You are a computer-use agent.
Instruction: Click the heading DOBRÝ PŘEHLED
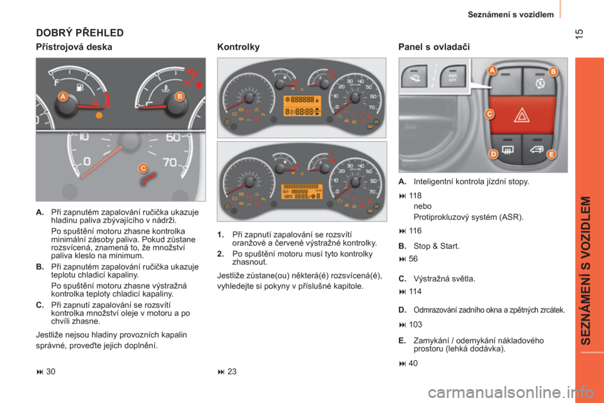tap(80, 33)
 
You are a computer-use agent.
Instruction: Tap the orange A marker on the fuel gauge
tap(63, 96)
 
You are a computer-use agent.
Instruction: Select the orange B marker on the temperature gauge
tap(179, 96)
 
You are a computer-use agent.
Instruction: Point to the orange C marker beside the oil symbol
tap(143, 168)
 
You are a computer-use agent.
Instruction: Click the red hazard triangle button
tap(522, 115)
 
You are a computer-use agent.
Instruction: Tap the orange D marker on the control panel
tap(493, 154)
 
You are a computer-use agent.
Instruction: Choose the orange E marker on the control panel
tap(551, 154)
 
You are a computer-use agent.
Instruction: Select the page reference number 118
tap(415, 196)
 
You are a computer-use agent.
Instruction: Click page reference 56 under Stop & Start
tap(413, 259)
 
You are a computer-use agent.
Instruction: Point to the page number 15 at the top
tap(579, 33)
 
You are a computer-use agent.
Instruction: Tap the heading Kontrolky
tap(238, 47)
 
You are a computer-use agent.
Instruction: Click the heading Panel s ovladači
tap(434, 47)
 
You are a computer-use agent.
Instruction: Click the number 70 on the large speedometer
tap(170, 162)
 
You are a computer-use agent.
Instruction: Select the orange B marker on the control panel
tap(553, 71)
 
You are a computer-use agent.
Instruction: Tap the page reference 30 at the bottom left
tap(50, 372)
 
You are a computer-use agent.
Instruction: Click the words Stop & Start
tap(437, 246)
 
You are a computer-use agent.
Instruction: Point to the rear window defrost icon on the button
tap(507, 150)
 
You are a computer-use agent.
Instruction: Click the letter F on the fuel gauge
tap(57, 82)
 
